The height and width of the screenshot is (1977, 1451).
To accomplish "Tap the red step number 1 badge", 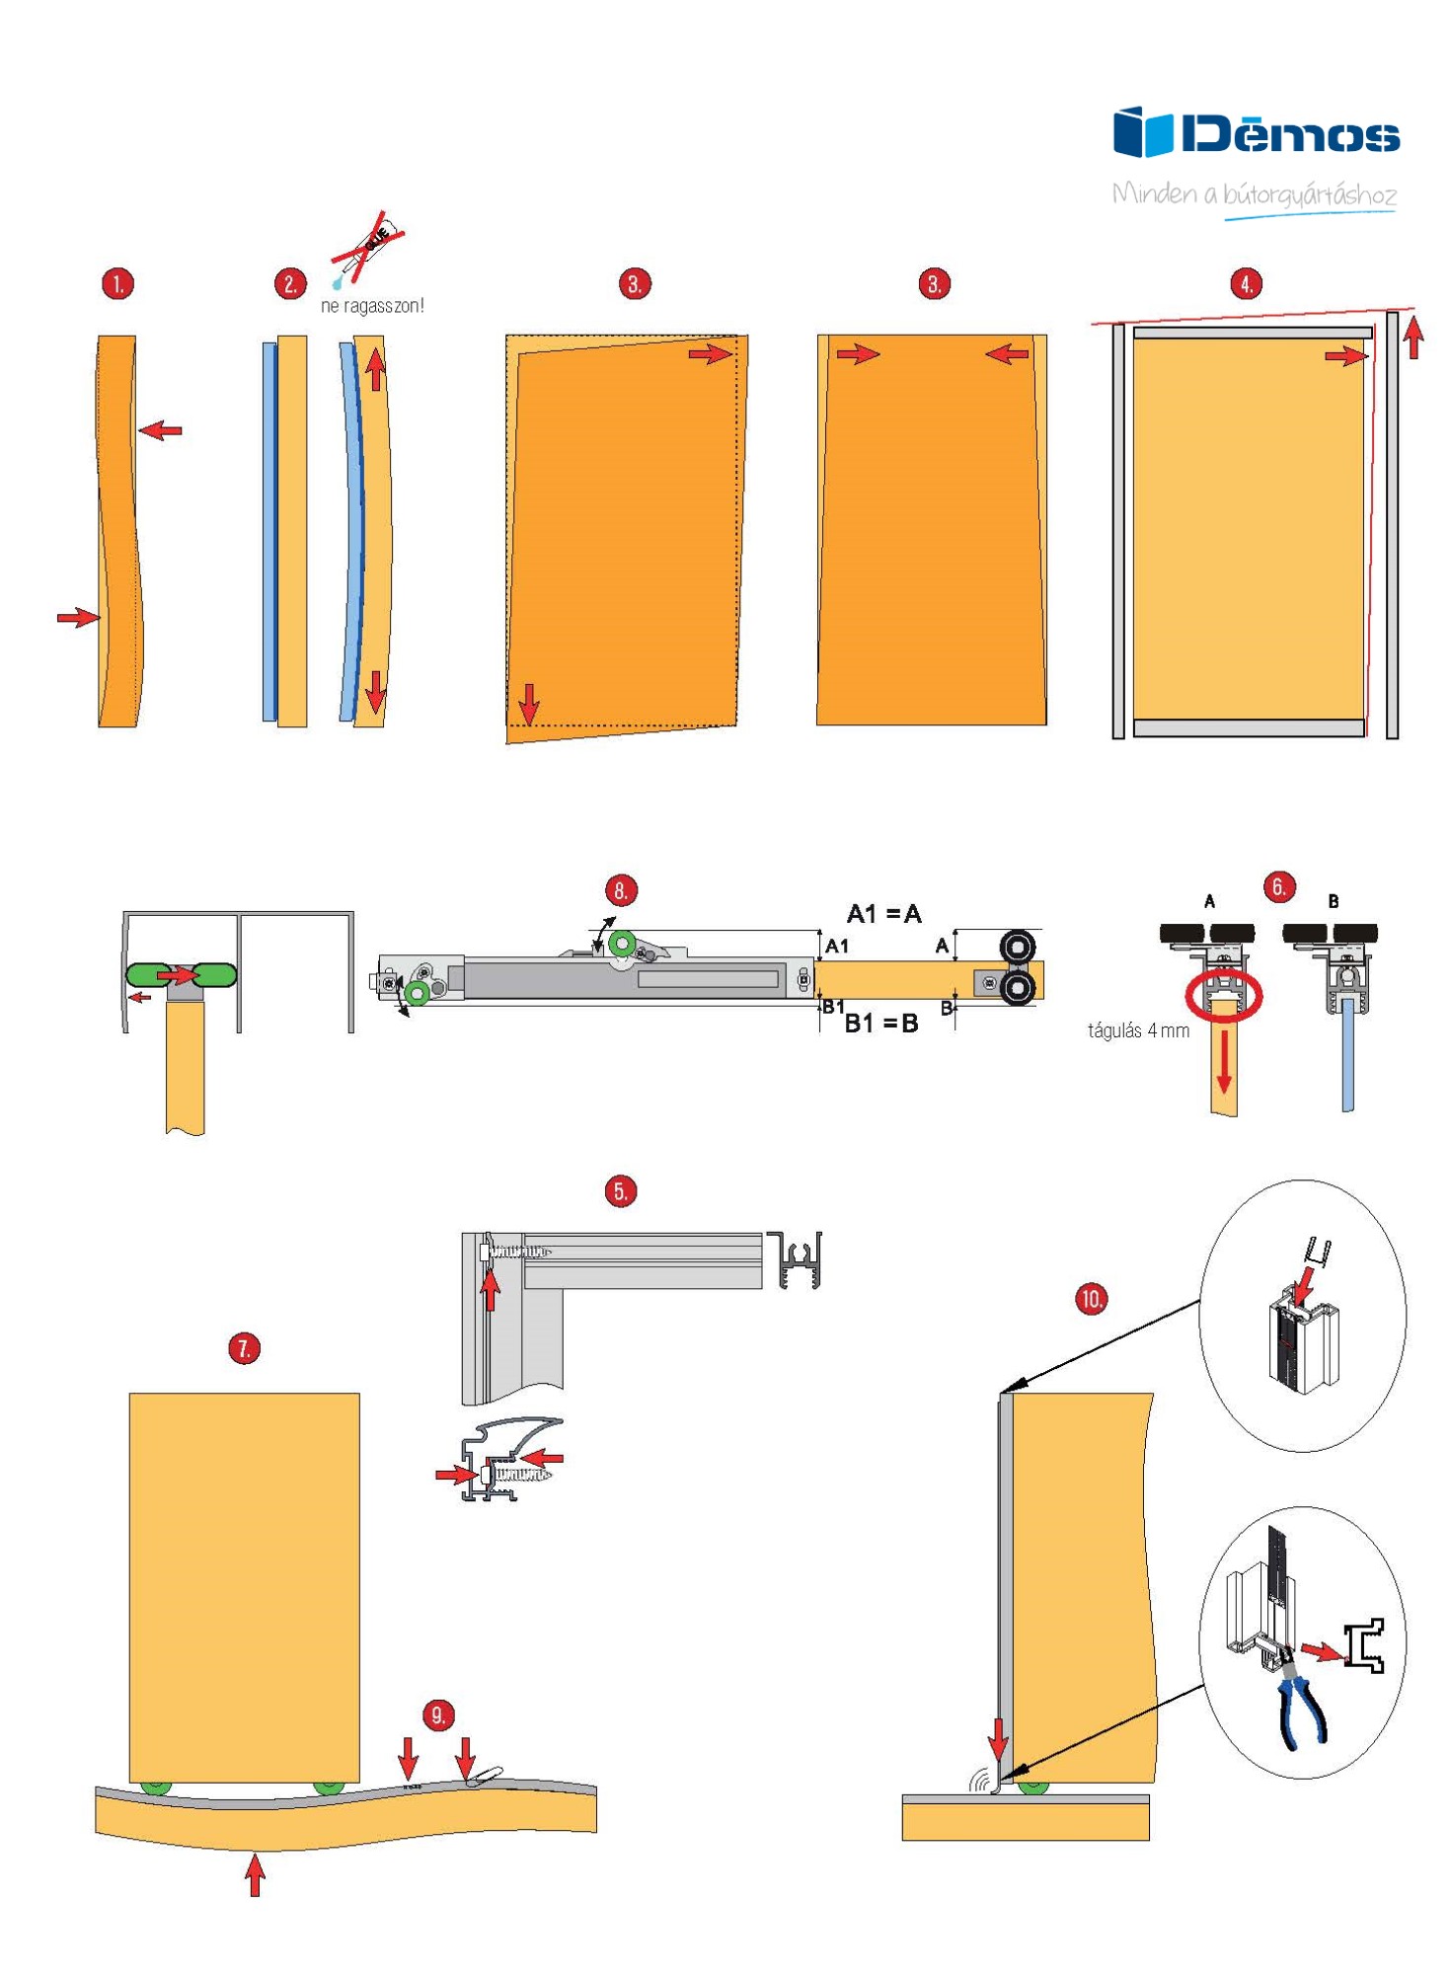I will coord(117,284).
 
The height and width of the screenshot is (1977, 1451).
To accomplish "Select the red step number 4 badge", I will coord(1246,284).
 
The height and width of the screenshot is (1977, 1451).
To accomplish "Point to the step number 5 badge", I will coord(620,1190).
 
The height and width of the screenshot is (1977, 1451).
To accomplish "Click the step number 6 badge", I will coord(1278,886).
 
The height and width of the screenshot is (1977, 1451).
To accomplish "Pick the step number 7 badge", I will coord(244,1347).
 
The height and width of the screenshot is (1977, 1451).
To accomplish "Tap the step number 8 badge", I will coord(620,890).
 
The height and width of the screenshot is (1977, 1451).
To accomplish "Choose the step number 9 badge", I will coord(438,1714).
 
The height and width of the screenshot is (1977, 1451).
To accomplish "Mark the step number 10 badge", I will coord(1091,1298).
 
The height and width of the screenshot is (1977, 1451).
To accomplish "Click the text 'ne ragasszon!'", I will coord(372,306).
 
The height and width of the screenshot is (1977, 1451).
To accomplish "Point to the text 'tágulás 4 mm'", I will coord(1138,1030).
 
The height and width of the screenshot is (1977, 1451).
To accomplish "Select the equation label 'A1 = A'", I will coord(883,914).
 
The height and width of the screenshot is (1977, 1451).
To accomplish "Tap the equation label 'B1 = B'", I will coord(881,1024).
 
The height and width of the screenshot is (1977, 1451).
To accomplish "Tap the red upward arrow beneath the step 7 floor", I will coord(255,1874).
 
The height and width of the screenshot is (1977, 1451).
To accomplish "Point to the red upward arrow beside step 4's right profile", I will coord(1413,336).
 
